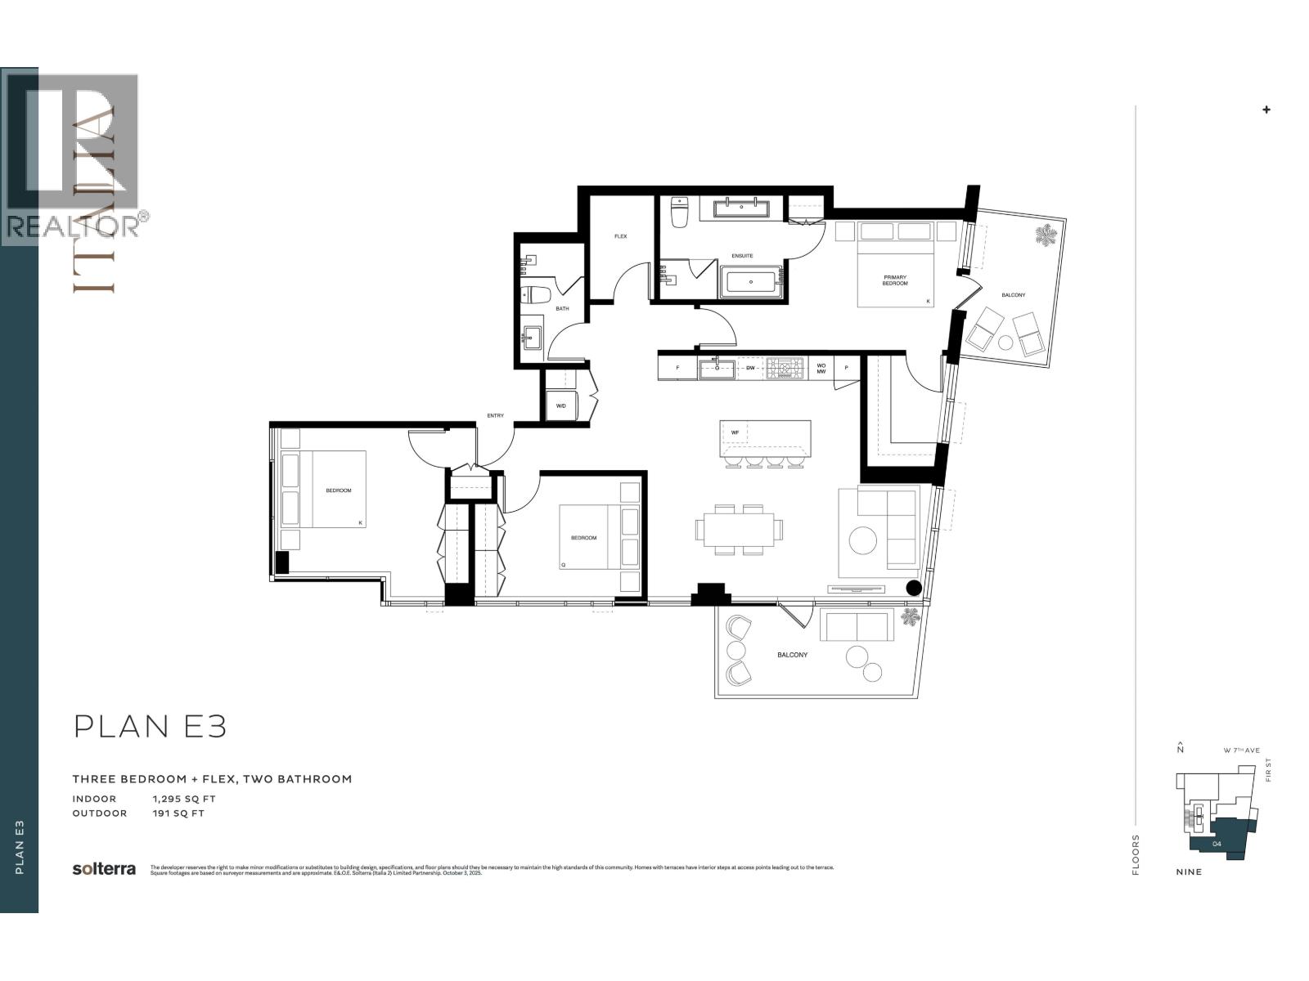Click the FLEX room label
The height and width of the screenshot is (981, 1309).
[620, 236]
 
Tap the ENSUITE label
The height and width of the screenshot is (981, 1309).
[742, 256]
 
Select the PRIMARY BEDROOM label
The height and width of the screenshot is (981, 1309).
[895, 280]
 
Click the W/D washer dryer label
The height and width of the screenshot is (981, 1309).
[561, 405]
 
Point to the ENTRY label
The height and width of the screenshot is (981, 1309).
[495, 415]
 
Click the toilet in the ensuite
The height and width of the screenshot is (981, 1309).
[680, 212]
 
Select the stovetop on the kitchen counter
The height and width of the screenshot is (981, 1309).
[785, 368]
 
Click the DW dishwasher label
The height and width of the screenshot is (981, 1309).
[749, 368]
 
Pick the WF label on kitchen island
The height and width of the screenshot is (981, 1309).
[735, 432]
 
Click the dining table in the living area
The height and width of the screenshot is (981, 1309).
[739, 530]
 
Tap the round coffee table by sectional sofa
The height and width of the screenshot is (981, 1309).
[862, 540]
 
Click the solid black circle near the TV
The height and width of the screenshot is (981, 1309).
[914, 587]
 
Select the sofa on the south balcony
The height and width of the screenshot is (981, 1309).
[856, 627]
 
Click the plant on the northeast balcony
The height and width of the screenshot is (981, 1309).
[1045, 236]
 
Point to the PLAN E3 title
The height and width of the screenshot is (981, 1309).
[150, 726]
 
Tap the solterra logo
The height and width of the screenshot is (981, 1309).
[104, 869]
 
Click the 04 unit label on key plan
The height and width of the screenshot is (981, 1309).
[1217, 844]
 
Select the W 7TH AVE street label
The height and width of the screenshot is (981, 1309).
[1241, 750]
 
